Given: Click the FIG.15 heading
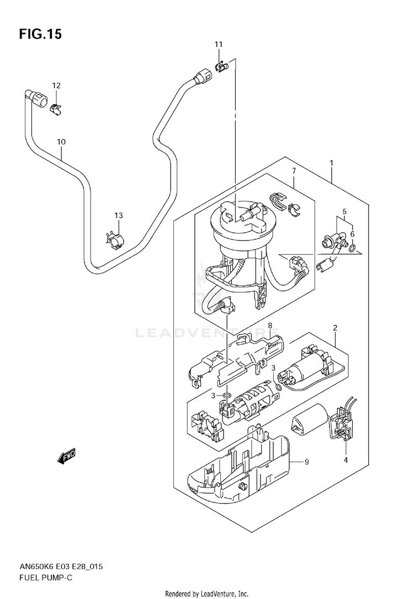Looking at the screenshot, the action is pyautogui.click(x=40, y=34).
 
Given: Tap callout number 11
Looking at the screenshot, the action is pyautogui.click(x=218, y=44).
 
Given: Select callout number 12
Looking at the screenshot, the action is pyautogui.click(x=56, y=85).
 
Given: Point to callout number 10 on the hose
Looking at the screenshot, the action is pyautogui.click(x=61, y=142).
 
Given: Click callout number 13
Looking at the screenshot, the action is pyautogui.click(x=119, y=216).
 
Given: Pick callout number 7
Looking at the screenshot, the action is pyautogui.click(x=294, y=171).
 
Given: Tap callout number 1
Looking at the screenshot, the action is pyautogui.click(x=331, y=163).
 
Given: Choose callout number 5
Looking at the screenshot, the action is pyautogui.click(x=344, y=211).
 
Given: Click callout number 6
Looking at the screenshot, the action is pyautogui.click(x=352, y=234).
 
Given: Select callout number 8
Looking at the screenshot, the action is pyautogui.click(x=270, y=326).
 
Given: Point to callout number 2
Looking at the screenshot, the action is pyautogui.click(x=335, y=328).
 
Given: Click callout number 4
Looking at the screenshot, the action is pyautogui.click(x=346, y=460).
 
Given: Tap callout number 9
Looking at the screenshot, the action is pyautogui.click(x=306, y=462).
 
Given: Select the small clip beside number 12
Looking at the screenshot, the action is pyautogui.click(x=56, y=109).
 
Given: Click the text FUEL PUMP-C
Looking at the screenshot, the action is pyautogui.click(x=45, y=577).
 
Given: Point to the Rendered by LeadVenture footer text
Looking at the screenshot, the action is pyautogui.click(x=207, y=593).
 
